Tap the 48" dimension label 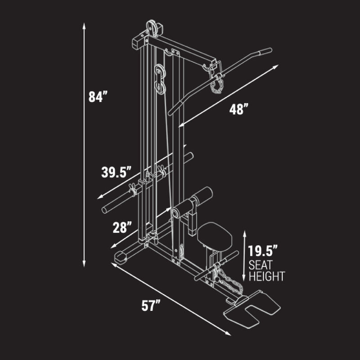tap(238, 109)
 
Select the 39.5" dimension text tap(116, 172)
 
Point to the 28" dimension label tap(122, 227)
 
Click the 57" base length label tap(151, 306)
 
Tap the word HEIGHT tap(267, 276)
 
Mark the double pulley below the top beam tap(159, 79)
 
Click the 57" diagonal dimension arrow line tap(171, 299)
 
